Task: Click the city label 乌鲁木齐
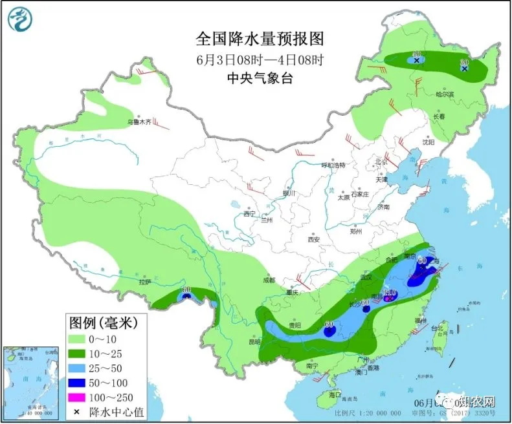point(139,122)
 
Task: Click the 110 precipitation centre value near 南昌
point(390,291)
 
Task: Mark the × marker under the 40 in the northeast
point(417,60)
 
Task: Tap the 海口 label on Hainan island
point(334,394)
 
